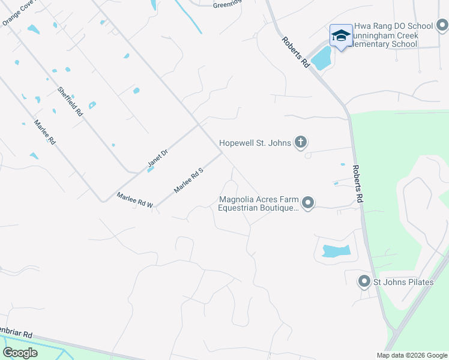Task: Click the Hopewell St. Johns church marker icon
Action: (301, 143)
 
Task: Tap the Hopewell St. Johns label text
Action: (255, 143)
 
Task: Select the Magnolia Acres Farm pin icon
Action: (308, 203)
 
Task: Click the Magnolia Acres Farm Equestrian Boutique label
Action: (258, 204)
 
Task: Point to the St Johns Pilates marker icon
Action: (363, 281)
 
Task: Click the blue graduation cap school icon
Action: (341, 36)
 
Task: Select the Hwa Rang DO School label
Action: (394, 26)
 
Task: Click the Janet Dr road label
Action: (158, 158)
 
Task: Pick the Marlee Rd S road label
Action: (190, 180)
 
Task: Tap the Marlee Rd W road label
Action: (135, 200)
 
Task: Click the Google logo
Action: (20, 353)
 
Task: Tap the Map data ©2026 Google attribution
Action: (411, 355)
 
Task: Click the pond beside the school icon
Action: (321, 58)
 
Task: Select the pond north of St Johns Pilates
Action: (336, 251)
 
